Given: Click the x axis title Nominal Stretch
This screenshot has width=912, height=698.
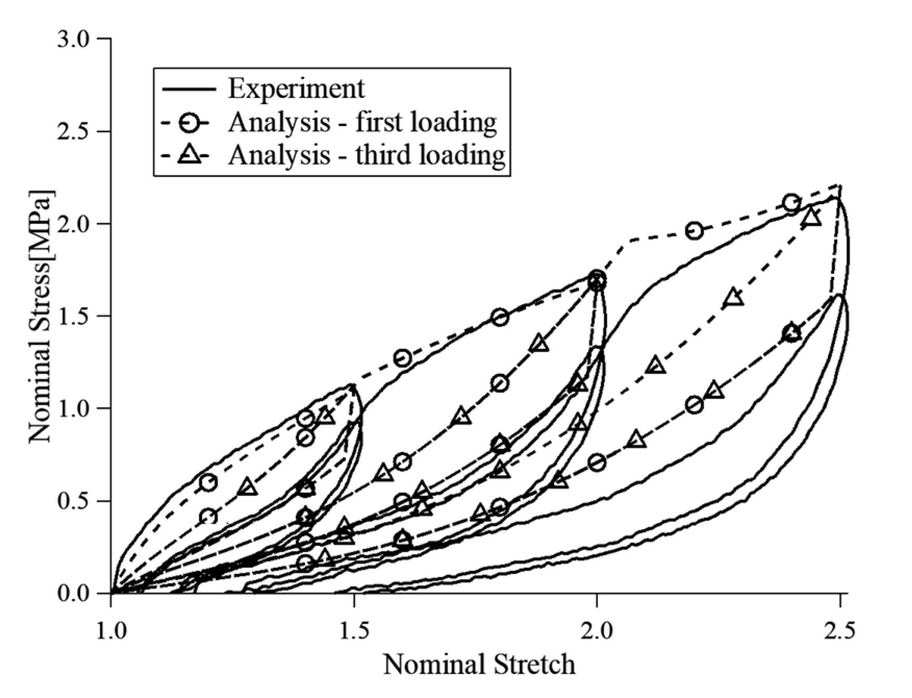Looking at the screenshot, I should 479,665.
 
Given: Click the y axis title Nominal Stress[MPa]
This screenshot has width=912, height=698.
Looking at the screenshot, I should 41,318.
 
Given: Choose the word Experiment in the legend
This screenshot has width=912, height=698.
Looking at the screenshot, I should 296,88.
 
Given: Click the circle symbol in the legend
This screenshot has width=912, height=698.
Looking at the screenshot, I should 188,123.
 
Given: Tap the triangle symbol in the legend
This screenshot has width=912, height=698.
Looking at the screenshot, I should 188,155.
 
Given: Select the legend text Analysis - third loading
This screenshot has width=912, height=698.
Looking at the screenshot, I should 366,155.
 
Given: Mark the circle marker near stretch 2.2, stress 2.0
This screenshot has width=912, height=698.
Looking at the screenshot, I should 694,231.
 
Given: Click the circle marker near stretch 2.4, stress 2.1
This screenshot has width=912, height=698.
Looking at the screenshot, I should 791,203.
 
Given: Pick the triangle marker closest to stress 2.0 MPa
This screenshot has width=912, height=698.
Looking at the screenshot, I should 812,218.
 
